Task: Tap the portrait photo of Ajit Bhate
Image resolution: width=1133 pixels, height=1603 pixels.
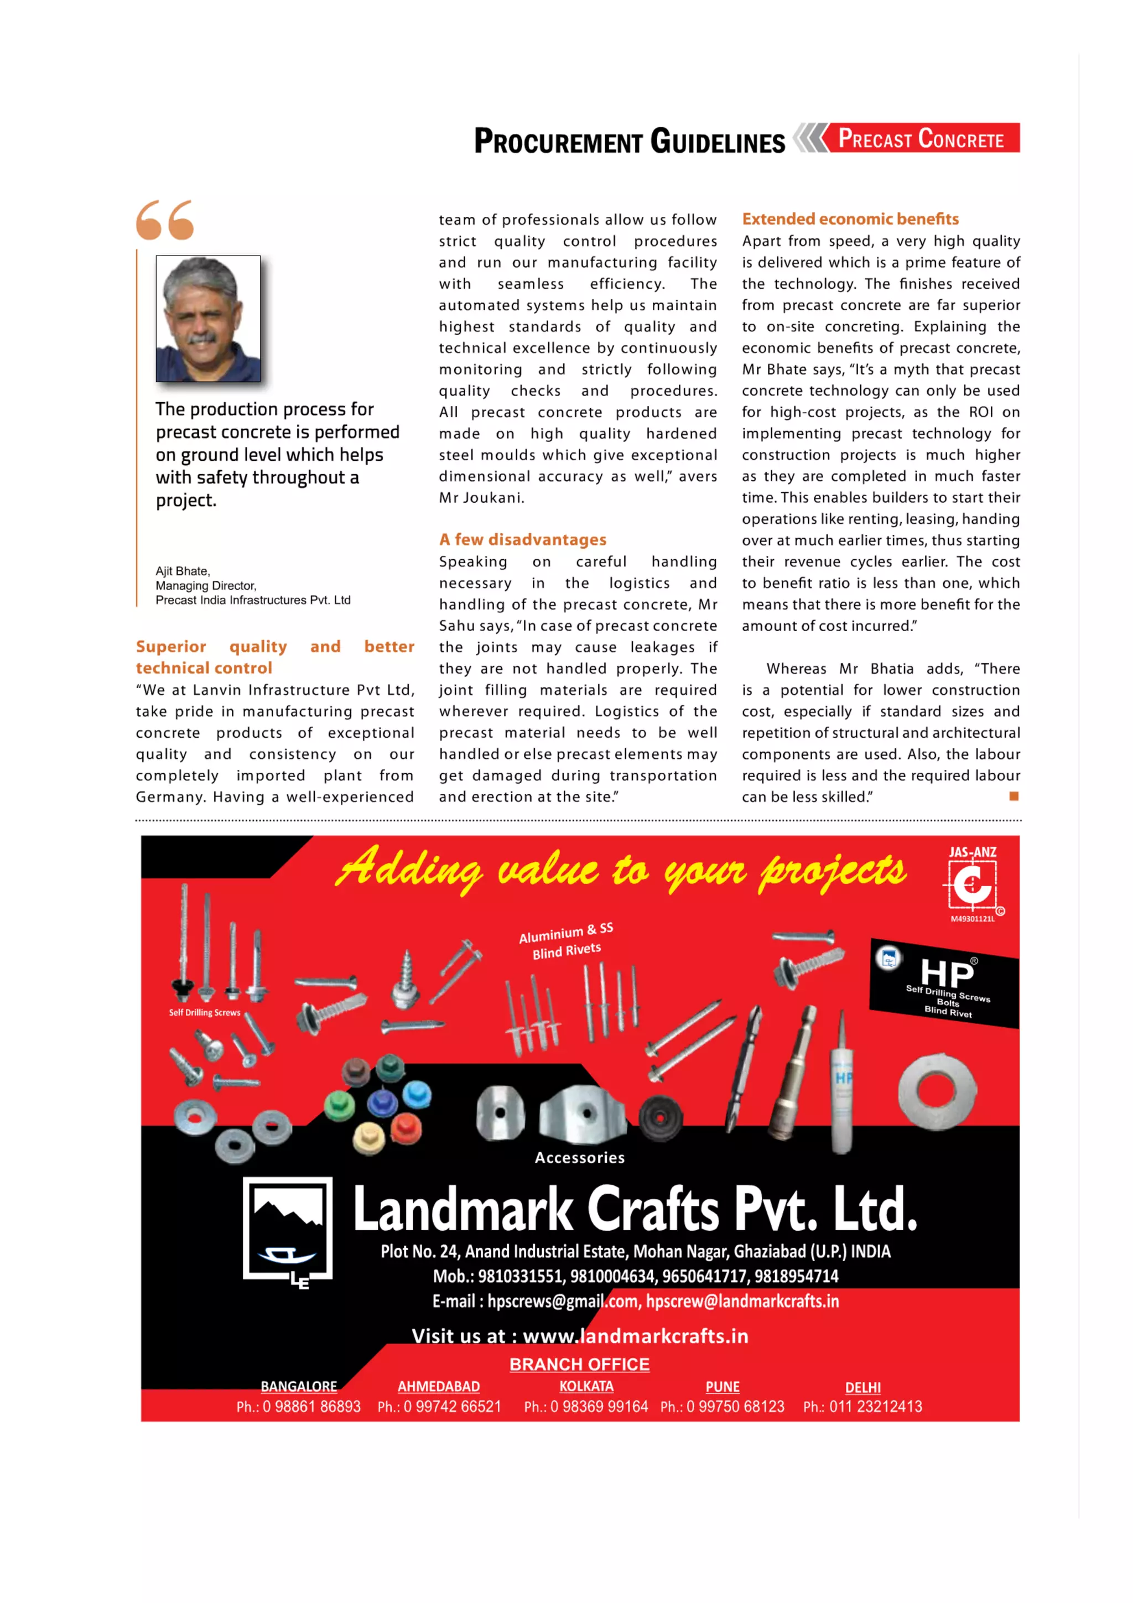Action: coord(208,319)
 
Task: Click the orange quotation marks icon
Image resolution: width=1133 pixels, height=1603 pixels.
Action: coord(165,220)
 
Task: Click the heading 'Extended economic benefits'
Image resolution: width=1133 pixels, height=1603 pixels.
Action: coord(850,218)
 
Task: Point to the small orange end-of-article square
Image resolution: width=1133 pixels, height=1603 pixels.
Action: coord(1014,796)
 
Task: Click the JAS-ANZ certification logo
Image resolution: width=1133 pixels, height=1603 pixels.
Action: coord(973,884)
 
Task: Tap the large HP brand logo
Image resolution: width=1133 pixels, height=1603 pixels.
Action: coord(946,972)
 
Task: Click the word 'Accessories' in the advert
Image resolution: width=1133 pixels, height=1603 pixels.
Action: coord(579,1157)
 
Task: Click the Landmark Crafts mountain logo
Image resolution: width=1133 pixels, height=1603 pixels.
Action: coord(288,1232)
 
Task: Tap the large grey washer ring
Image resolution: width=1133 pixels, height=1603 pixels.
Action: coord(937,1091)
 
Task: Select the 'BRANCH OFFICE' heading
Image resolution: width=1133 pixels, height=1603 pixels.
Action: coord(579,1363)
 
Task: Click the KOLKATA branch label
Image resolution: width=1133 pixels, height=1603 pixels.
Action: coord(586,1386)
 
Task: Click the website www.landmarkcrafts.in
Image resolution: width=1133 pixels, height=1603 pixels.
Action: coord(635,1336)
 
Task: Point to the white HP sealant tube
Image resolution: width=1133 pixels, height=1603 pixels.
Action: coord(842,1089)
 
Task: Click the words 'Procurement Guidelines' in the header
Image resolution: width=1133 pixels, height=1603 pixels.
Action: coord(629,141)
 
